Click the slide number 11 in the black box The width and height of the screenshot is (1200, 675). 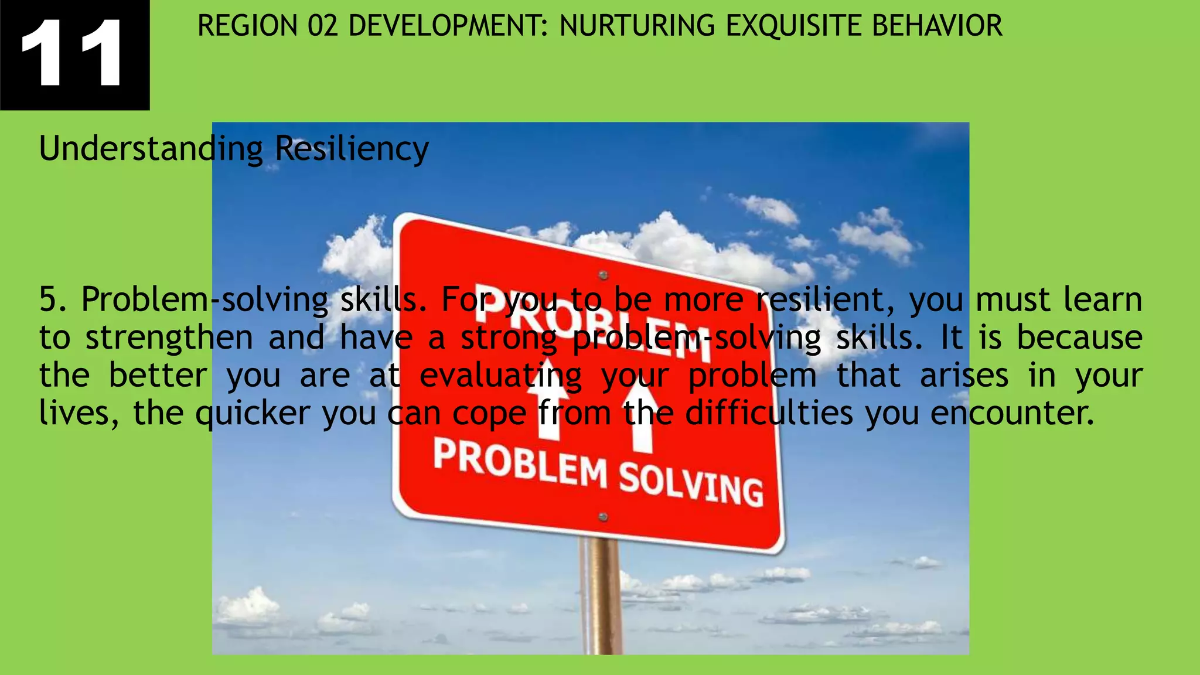[71, 54]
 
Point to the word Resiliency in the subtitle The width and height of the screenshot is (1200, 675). [352, 149]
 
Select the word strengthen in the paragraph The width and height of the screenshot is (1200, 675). [169, 338]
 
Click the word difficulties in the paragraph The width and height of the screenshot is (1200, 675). [769, 414]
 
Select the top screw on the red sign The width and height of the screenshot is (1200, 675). [603, 275]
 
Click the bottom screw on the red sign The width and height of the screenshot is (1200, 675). [603, 517]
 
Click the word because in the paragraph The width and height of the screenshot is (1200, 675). [1079, 338]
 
